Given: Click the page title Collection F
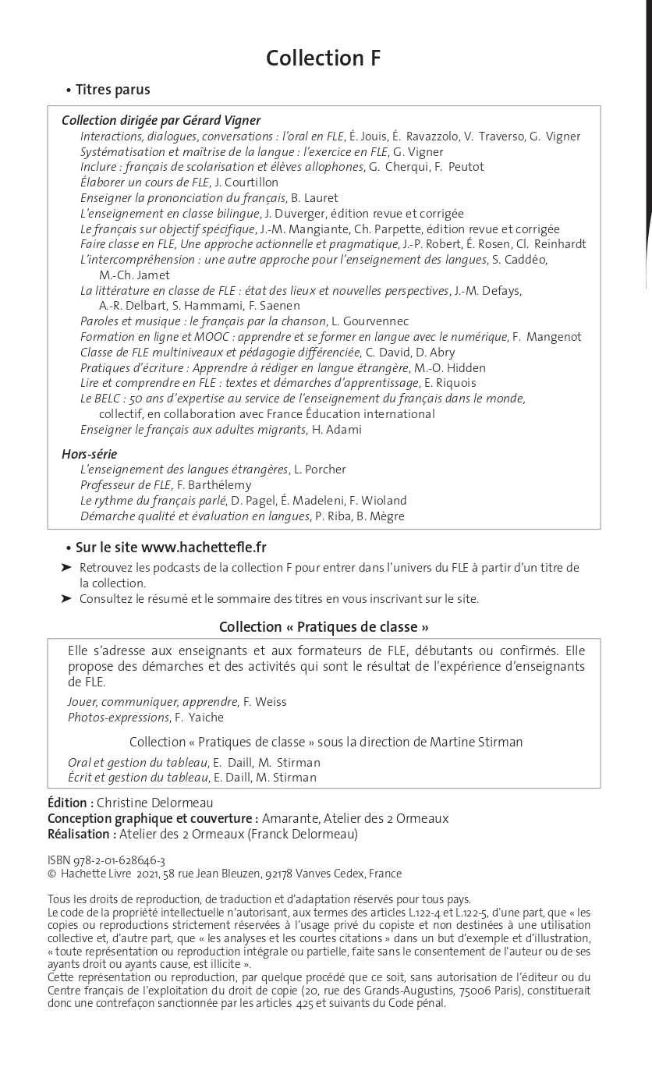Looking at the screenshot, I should click(323, 58).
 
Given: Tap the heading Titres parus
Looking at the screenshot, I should click(112, 90).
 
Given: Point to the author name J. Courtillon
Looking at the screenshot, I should click(246, 183).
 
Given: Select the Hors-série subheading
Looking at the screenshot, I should click(90, 454).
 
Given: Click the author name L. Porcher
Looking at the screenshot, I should click(320, 470).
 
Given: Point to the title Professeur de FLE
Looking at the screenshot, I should click(126, 485).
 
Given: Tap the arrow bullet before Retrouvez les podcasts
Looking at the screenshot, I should click(66, 568).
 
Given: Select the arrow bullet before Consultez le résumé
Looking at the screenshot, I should click(66, 599).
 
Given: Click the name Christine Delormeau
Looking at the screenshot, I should click(154, 803).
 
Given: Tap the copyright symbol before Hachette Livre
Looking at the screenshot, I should click(51, 874).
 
